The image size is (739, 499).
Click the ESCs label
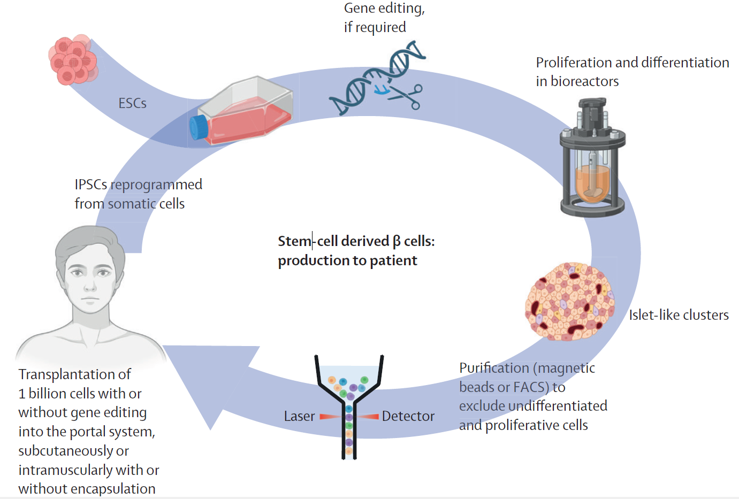(132, 103)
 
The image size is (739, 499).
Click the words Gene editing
(384, 9)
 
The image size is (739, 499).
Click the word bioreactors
(584, 81)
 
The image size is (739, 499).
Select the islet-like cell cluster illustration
(569, 301)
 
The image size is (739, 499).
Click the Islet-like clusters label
(678, 315)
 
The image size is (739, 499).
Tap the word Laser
(299, 416)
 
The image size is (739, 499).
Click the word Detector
(408, 416)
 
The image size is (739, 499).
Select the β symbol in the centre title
(396, 242)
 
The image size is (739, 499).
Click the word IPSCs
(91, 185)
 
